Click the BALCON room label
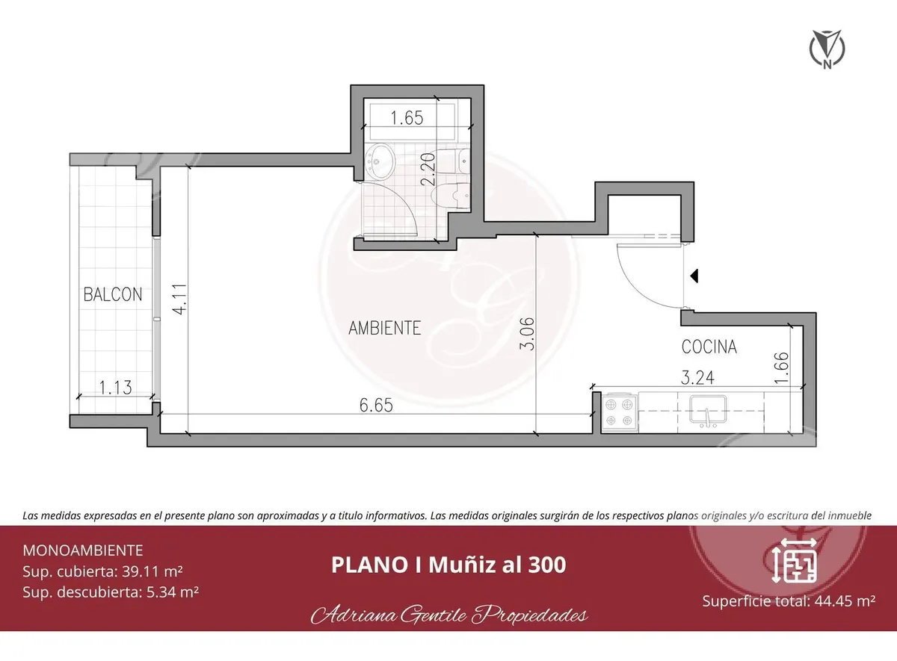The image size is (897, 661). pyautogui.click(x=113, y=294)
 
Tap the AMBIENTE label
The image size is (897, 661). pyautogui.click(x=384, y=328)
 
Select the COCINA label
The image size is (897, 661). pyautogui.click(x=709, y=347)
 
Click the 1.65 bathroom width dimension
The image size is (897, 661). pyautogui.click(x=407, y=118)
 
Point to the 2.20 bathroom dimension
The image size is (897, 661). pyautogui.click(x=428, y=170)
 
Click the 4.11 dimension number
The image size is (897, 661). pyautogui.click(x=181, y=299)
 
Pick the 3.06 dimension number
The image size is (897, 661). pyautogui.click(x=528, y=334)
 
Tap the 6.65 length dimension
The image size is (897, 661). pyautogui.click(x=376, y=406)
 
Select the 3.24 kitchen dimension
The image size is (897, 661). pyautogui.click(x=697, y=378)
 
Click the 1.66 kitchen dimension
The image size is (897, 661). pyautogui.click(x=782, y=367)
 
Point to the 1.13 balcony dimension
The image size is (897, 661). pyautogui.click(x=115, y=388)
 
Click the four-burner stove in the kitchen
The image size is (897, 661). pyautogui.click(x=620, y=412)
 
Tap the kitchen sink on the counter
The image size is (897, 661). pyautogui.click(x=708, y=410)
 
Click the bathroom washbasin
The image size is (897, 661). pyautogui.click(x=380, y=162)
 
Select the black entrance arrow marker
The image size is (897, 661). pyautogui.click(x=694, y=276)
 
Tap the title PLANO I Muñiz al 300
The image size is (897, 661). pyautogui.click(x=449, y=565)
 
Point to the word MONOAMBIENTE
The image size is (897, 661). pyautogui.click(x=83, y=550)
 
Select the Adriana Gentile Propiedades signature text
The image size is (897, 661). pyautogui.click(x=449, y=615)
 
